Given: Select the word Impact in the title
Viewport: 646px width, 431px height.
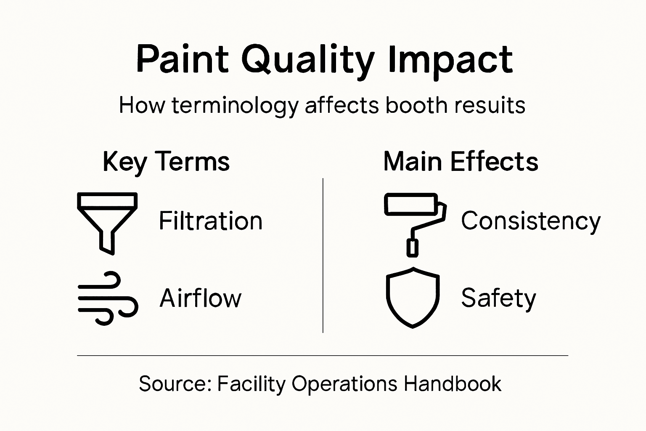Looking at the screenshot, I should [450, 60].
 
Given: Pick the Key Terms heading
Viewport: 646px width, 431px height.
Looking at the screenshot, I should [166, 162].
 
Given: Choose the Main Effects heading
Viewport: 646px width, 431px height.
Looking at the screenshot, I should [461, 162].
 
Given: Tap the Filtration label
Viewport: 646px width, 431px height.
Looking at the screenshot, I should [210, 221].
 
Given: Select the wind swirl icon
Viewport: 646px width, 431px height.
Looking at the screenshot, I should [108, 298].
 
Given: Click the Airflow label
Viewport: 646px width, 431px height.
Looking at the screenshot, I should [201, 298].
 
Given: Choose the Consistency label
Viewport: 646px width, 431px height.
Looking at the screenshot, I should [531, 221].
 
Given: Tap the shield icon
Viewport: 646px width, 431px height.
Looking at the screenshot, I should [413, 297].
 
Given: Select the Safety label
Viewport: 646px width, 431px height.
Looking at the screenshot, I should [498, 298].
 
